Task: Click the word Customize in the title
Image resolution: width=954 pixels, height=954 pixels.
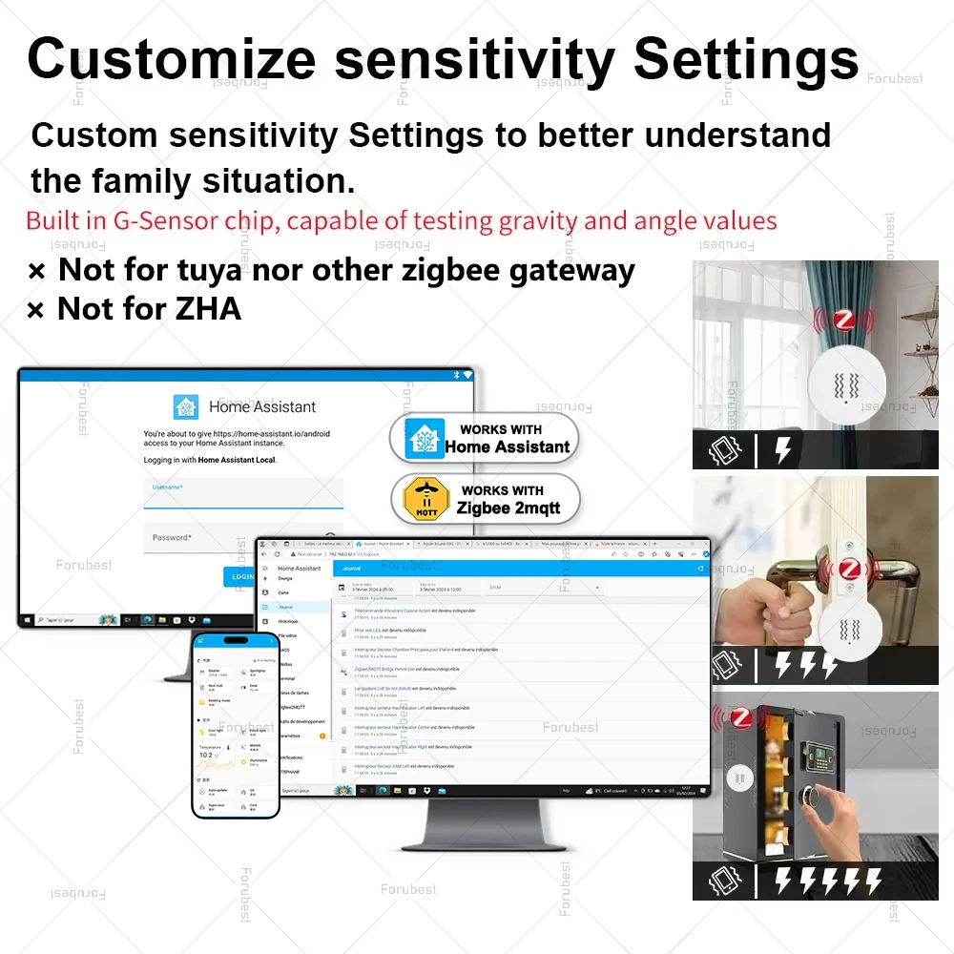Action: point(172,59)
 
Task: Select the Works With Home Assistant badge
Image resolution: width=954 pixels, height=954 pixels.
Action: point(485,438)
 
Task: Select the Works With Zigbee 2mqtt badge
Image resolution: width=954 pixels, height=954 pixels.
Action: point(485,499)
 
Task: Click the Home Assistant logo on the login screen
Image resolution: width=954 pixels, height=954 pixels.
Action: point(186,407)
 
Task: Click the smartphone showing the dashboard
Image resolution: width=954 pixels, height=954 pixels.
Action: point(236,724)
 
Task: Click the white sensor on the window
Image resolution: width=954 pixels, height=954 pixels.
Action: point(846,385)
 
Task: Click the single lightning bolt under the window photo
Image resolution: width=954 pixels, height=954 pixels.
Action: point(782,449)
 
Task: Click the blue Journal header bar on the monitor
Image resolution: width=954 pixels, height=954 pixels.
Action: point(520,569)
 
